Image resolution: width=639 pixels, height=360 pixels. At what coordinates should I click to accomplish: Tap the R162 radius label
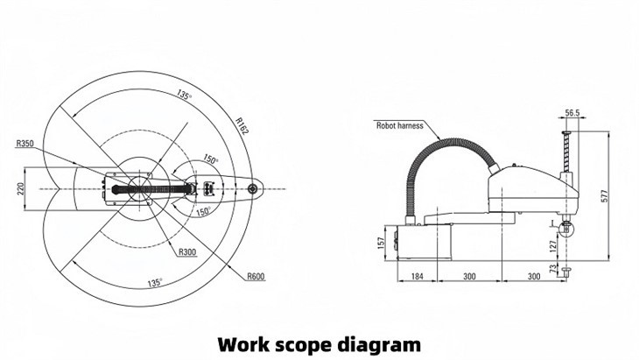tap(242, 124)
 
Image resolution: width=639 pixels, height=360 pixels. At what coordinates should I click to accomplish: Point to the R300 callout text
tap(187, 252)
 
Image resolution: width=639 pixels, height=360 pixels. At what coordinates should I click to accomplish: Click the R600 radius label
tap(256, 276)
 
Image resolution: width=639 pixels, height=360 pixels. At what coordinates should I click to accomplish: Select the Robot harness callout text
tap(399, 125)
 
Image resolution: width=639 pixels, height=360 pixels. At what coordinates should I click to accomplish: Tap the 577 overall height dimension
tap(605, 198)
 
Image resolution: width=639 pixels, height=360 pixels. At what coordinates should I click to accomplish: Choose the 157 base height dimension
tap(382, 241)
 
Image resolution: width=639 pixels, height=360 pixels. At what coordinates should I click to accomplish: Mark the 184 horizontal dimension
tap(418, 277)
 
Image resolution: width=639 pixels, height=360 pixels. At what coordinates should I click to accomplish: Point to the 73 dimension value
tap(551, 271)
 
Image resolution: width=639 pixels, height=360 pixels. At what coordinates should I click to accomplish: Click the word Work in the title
tap(246, 342)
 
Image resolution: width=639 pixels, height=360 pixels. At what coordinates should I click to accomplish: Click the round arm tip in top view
tap(253, 187)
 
